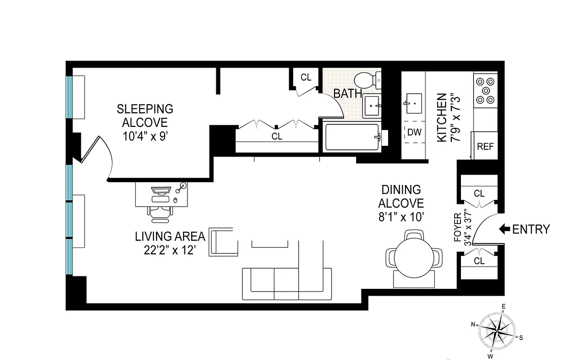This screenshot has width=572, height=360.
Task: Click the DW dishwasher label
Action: coord(414,132)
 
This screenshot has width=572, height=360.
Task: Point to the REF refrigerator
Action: coord(485,146)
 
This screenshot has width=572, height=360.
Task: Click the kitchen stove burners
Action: coord(485,90)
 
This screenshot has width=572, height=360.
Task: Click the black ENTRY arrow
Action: coord(504,229)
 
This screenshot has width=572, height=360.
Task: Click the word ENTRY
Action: coord(531,229)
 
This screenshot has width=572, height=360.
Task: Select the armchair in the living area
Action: coord(223,242)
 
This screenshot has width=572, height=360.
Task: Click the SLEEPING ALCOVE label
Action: coord(145,116)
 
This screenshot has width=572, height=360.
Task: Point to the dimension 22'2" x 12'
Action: coord(167,250)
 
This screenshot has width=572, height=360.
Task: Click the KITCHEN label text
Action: coord(442,118)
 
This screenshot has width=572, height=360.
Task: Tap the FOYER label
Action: coord(458,228)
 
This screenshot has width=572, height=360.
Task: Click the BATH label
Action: coord(348,94)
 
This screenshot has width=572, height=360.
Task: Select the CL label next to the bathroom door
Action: coord(306,77)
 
